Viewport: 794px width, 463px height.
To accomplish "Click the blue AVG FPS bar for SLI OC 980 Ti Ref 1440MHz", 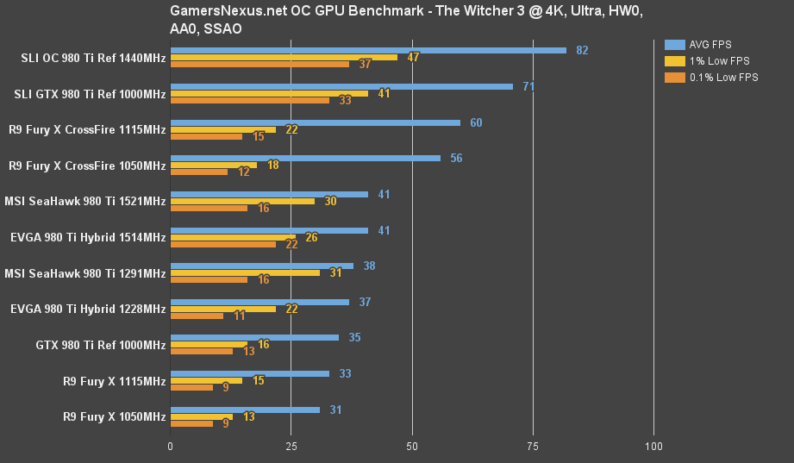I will [x=368, y=50].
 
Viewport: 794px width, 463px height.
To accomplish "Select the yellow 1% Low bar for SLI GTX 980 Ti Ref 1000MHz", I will [x=269, y=93].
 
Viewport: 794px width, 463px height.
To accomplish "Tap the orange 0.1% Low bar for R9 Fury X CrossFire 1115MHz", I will [x=206, y=136].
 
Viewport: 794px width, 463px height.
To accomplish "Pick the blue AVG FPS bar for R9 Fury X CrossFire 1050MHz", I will [x=305, y=158].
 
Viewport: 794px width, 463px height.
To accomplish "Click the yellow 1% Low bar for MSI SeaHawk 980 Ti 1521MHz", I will [x=242, y=201].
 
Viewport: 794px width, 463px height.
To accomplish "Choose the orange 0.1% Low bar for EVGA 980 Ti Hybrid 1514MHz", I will [x=223, y=244].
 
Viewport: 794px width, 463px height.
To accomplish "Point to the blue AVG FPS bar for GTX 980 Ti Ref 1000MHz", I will [x=254, y=337].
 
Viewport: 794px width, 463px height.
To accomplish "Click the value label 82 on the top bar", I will [x=582, y=50].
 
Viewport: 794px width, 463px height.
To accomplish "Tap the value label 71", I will [x=528, y=86].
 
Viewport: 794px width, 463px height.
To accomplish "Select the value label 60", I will [x=476, y=122].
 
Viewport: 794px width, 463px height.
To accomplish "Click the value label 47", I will [x=413, y=58].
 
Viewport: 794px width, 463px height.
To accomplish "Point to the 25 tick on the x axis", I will [x=291, y=447].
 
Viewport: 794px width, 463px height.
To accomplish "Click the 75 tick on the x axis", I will [x=533, y=447].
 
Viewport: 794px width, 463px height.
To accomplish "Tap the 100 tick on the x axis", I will [x=653, y=447].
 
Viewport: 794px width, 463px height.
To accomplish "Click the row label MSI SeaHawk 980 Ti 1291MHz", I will [x=84, y=273].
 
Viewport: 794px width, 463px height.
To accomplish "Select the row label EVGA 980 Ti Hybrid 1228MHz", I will [x=87, y=309].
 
